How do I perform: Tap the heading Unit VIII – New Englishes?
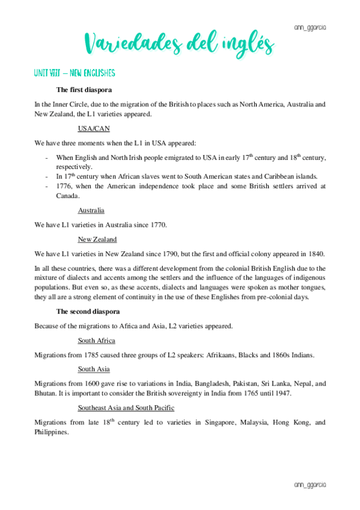tap(75, 73)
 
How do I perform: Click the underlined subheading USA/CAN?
tap(94, 128)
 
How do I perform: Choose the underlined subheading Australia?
tap(91, 210)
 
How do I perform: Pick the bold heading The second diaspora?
tap(88, 312)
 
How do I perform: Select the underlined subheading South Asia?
tap(94, 369)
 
